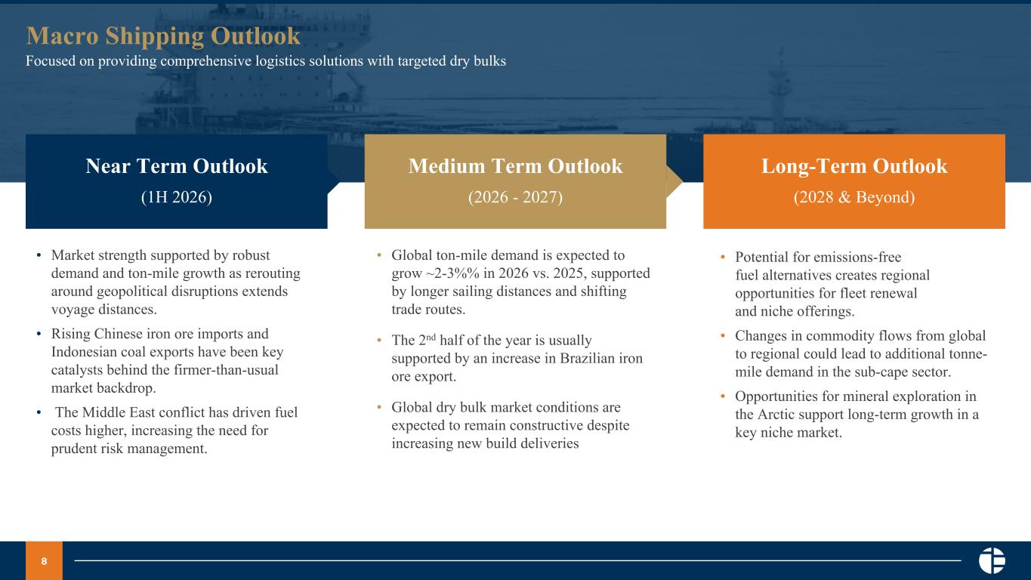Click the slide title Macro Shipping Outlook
pos(163,36)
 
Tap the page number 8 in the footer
pos(44,561)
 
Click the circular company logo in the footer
pos(992,560)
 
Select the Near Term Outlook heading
pos(177,165)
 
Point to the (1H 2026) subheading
pos(177,197)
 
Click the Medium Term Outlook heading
pos(515,165)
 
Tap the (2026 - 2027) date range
pos(515,197)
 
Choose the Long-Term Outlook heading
pos(854,166)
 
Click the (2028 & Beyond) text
pos(854,197)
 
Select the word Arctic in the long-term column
pos(777,415)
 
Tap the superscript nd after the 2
pos(431,337)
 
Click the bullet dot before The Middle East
pos(39,412)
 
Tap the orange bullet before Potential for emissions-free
pos(723,257)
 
